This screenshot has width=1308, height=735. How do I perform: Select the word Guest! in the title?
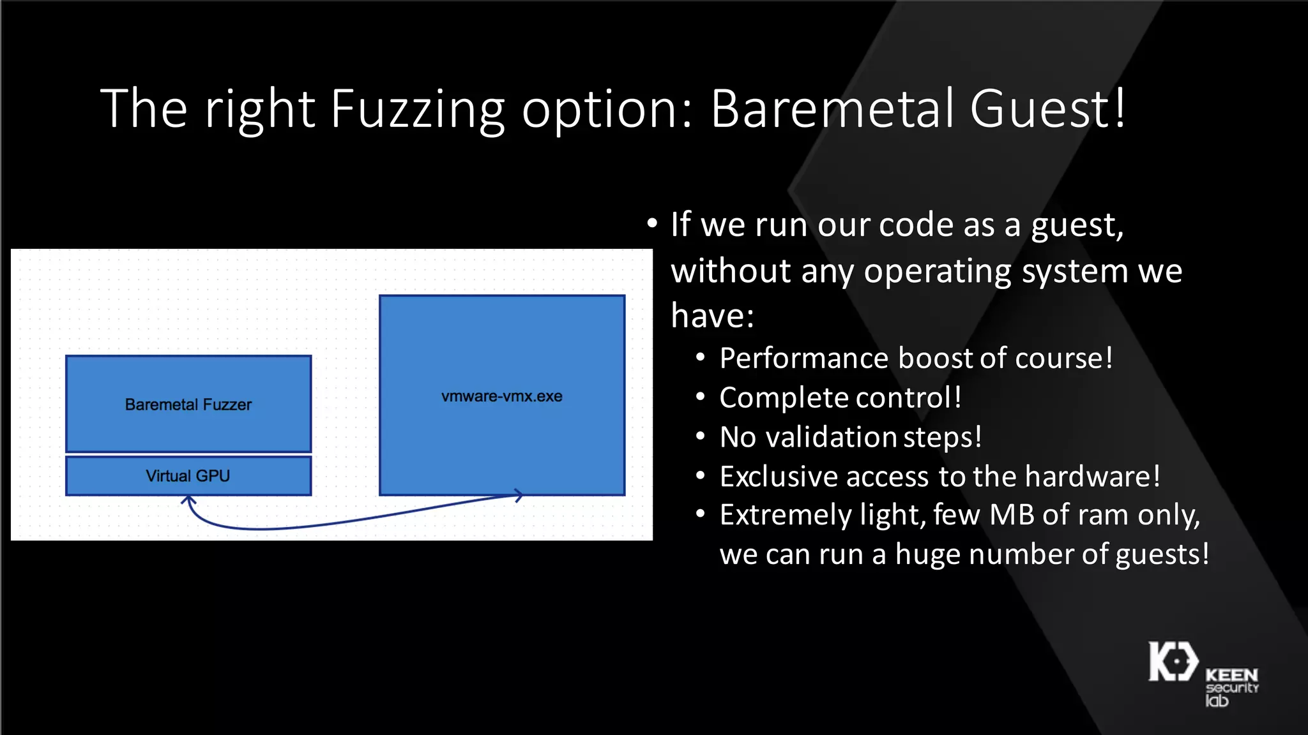(1048, 108)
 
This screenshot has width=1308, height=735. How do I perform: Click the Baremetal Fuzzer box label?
(188, 405)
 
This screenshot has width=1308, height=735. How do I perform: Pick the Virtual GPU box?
(188, 476)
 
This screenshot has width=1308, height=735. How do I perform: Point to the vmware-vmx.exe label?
(502, 396)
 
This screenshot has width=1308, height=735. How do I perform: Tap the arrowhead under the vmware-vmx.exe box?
(519, 495)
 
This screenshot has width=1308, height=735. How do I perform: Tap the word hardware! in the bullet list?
(1093, 477)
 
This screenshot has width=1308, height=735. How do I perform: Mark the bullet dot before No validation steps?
(701, 437)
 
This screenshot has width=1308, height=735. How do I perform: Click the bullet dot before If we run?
(651, 224)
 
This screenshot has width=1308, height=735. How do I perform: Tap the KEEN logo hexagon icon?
(1173, 662)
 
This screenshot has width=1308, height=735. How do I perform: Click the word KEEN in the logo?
(1231, 675)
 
